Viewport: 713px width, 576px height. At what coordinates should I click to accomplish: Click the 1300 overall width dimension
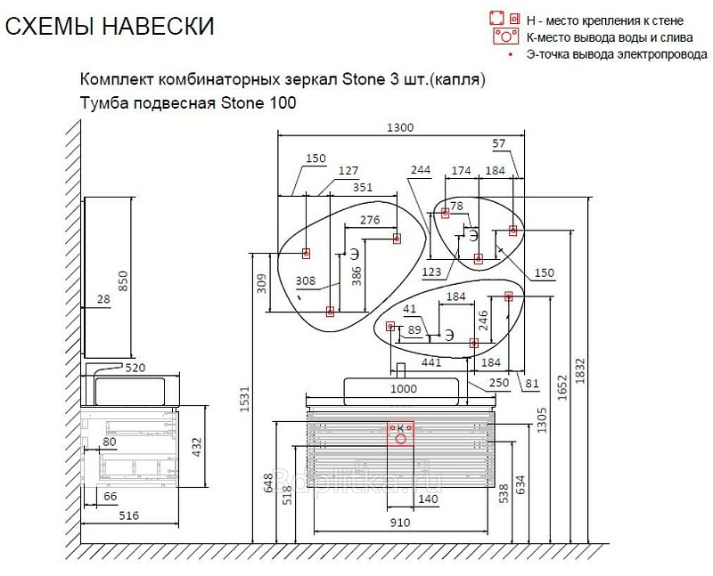(x=400, y=127)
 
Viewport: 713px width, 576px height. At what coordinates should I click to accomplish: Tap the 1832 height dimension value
(x=580, y=371)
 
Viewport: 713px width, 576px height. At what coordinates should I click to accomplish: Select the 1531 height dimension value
(x=244, y=399)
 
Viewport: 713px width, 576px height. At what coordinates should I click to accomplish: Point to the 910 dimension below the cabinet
(x=400, y=523)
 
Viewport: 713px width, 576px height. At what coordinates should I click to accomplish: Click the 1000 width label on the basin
(x=404, y=389)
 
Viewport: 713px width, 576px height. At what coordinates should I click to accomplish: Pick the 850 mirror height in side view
(x=123, y=281)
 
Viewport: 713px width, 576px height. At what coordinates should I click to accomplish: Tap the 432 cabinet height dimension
(x=196, y=447)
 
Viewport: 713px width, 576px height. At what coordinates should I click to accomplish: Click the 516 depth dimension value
(x=128, y=515)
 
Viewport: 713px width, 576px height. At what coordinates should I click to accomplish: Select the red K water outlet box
(x=400, y=434)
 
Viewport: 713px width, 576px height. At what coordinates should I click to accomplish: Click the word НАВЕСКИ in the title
(x=158, y=26)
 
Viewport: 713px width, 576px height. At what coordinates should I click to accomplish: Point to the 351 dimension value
(x=363, y=187)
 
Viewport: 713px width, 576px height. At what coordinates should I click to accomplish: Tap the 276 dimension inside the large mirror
(x=370, y=220)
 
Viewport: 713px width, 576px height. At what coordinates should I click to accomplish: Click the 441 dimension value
(x=430, y=362)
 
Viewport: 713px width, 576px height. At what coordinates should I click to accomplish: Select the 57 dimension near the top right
(x=499, y=143)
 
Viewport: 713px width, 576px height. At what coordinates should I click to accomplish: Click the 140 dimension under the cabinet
(x=428, y=499)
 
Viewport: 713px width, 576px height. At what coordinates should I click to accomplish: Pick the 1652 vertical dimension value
(x=562, y=387)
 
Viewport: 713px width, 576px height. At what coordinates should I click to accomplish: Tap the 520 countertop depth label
(x=135, y=368)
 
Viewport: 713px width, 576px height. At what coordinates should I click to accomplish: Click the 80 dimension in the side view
(x=109, y=442)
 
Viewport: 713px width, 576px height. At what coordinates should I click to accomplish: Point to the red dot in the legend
(x=511, y=54)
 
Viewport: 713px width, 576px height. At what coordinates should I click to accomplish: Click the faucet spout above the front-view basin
(x=400, y=370)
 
